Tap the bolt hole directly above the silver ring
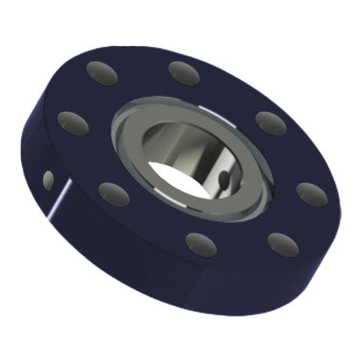[185, 72]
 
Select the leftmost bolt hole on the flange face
[73, 123]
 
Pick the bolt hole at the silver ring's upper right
[270, 123]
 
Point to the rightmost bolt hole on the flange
[311, 193]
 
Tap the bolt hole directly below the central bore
[200, 243]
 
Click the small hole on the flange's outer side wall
[49, 180]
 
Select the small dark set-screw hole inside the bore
[225, 181]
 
